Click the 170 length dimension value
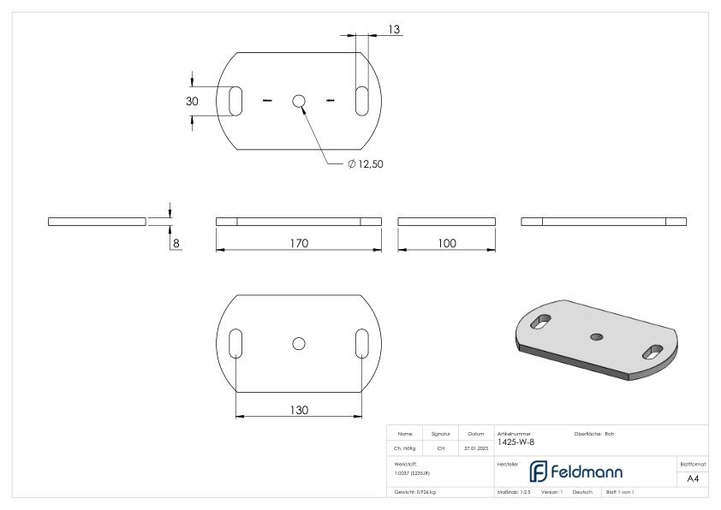pyautogui.click(x=298, y=243)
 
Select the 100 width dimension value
pyautogui.click(x=446, y=243)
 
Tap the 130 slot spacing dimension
pyautogui.click(x=298, y=410)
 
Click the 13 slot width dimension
pyautogui.click(x=395, y=29)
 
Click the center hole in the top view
pyautogui.click(x=298, y=102)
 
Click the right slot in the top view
pyautogui.click(x=362, y=98)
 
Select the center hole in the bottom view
pyautogui.click(x=298, y=343)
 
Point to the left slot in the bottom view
pyautogui.click(x=235, y=343)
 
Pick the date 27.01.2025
pyautogui.click(x=475, y=448)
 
